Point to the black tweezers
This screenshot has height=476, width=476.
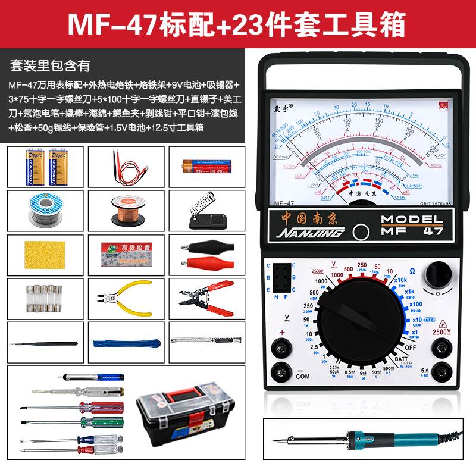tap(43, 343)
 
